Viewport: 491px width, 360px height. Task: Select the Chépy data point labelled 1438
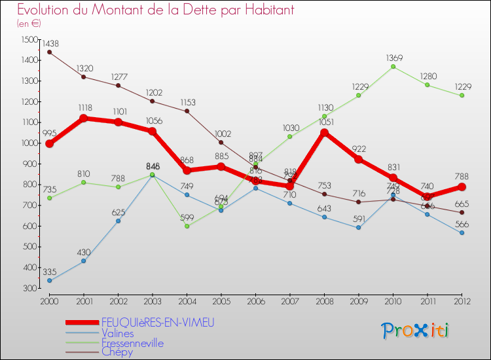point(49,52)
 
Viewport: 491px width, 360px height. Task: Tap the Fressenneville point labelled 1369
point(393,66)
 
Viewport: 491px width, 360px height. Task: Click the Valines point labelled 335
point(49,281)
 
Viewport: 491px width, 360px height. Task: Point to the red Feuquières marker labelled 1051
point(324,132)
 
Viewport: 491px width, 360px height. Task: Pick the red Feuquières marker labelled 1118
point(83,118)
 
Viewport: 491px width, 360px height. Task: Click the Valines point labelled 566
point(462,233)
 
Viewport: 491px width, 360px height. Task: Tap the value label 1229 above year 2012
point(462,86)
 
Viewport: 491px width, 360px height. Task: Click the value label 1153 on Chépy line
point(187,102)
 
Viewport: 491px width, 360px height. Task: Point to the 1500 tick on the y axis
point(30,39)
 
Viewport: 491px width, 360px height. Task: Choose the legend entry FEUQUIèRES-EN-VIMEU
point(157,322)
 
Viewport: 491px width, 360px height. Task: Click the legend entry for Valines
point(121,333)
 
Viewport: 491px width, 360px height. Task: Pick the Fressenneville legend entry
point(132,343)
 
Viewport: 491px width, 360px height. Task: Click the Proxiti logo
point(416,331)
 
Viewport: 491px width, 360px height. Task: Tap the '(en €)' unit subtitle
point(29,23)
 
